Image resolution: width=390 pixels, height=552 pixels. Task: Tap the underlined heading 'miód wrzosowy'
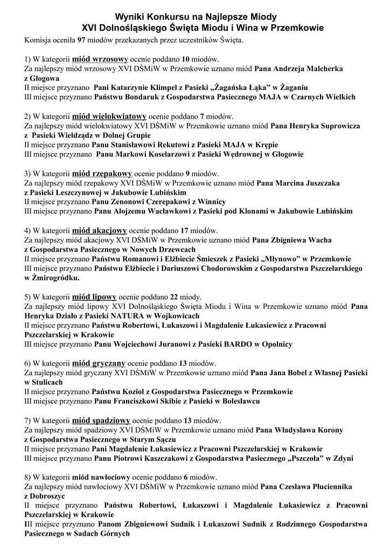99,59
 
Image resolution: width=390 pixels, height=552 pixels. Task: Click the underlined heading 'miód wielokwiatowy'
109,116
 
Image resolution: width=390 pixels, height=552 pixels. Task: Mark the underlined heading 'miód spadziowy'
101,420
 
